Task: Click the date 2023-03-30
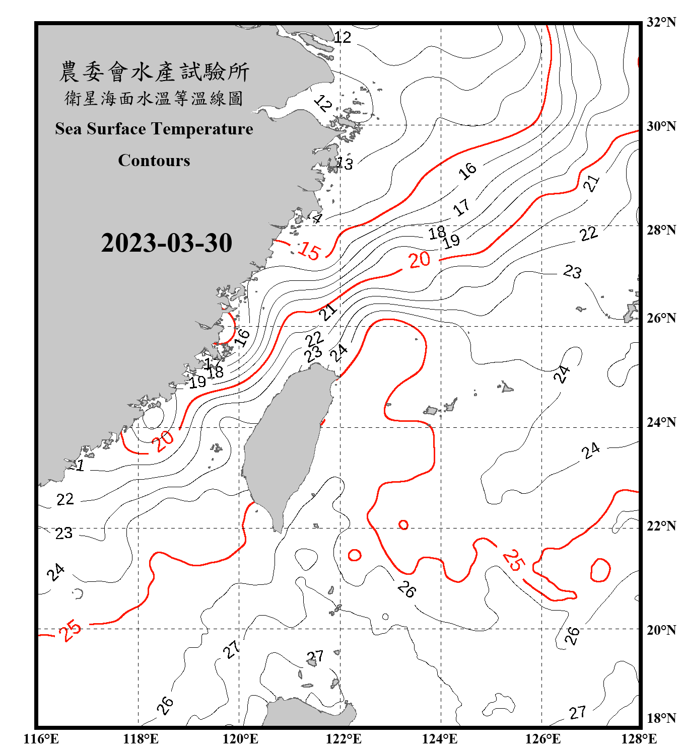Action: coord(166,243)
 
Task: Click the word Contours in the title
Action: coord(154,161)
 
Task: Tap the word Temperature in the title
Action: coord(201,129)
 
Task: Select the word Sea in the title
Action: coord(69,129)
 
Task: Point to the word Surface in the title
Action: coord(116,129)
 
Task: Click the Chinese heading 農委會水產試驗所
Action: coord(154,72)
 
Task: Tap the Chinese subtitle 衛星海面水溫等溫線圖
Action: coord(154,98)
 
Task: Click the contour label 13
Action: coord(345,164)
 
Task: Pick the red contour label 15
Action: coord(309,250)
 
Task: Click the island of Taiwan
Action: coord(285,443)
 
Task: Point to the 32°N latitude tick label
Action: coord(661,22)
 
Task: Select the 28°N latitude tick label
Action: coord(661,230)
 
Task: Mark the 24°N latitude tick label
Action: coord(661,422)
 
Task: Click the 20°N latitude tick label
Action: coord(661,630)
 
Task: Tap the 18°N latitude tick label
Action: coord(661,718)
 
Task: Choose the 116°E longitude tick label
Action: coord(41,739)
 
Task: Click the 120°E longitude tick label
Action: coord(240,739)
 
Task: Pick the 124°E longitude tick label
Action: coord(440,739)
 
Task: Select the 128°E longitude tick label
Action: coord(639,739)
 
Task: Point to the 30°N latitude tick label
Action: coord(661,126)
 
